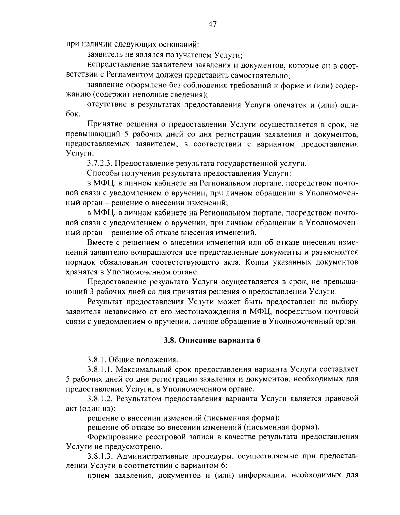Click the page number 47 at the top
click(212, 24)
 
